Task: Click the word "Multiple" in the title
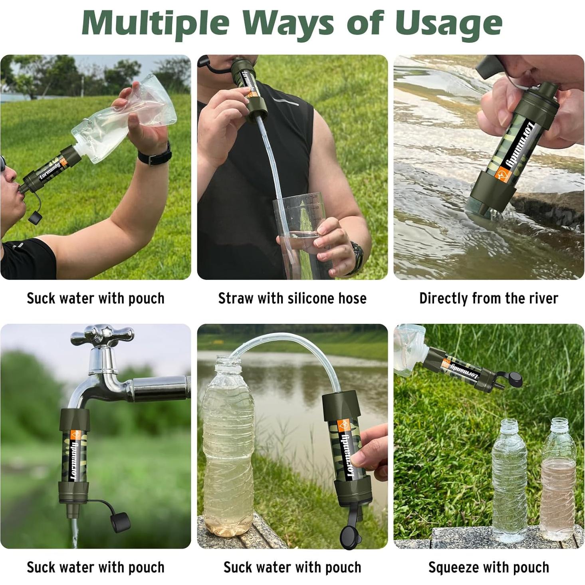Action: tap(155, 24)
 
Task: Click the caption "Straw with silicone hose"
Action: tap(292, 298)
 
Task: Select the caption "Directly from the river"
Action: tap(489, 298)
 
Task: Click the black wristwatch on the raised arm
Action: tap(155, 154)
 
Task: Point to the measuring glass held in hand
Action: tap(299, 235)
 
